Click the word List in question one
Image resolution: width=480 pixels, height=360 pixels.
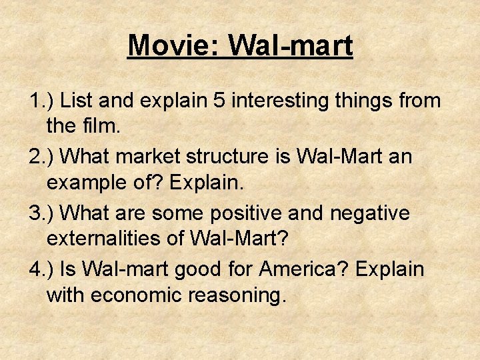click(x=78, y=101)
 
